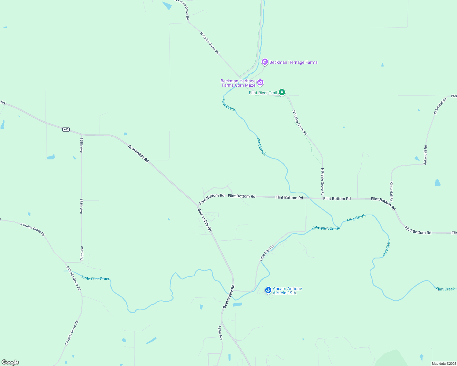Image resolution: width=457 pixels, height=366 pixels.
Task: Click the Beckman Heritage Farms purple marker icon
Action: [265, 62]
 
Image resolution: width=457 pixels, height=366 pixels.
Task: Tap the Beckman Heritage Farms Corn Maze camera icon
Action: [260, 82]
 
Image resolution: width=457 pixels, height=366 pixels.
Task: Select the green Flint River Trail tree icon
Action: [282, 92]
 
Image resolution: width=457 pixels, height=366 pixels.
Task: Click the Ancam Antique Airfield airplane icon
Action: [268, 290]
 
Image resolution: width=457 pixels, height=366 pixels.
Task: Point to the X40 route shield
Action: [66, 129]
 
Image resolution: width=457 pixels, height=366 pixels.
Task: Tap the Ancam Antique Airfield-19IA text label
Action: [287, 291]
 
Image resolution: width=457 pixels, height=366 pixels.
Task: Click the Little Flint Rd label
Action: [266, 253]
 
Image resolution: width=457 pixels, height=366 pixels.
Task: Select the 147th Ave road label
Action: [220, 333]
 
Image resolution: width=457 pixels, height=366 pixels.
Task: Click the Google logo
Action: [10, 362]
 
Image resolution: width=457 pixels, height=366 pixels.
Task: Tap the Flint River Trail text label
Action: [263, 93]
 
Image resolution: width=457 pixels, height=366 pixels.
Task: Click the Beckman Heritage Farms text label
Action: [293, 62]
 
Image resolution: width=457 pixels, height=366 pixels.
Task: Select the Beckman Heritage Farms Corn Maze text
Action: [238, 83]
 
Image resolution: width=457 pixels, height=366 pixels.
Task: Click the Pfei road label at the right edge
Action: [454, 96]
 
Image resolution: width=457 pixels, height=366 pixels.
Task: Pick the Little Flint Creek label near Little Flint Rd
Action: [326, 228]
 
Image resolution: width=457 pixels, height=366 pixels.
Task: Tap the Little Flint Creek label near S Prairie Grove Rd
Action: [96, 278]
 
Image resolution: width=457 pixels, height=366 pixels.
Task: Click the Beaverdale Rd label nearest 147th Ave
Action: [228, 296]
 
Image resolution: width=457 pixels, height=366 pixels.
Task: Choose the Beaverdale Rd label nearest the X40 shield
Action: [138, 153]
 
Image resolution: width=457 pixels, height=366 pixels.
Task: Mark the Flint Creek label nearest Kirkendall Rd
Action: [387, 247]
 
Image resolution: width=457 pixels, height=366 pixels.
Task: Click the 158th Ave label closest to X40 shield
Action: [81, 145]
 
